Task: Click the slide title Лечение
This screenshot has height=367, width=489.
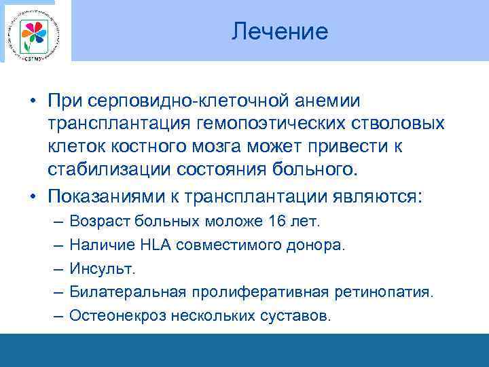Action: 279,31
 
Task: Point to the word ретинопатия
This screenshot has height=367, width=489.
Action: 391,292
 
